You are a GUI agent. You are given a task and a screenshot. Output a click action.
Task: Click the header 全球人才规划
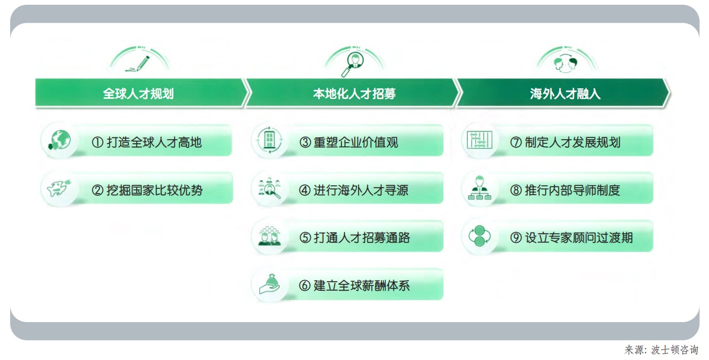tap(138, 94)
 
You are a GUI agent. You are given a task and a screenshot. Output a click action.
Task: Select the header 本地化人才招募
tap(354, 94)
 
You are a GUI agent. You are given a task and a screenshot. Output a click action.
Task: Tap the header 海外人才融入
tap(565, 94)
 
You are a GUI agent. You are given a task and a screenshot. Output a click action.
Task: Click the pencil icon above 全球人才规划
tap(138, 64)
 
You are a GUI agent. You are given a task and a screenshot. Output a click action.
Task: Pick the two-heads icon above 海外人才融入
tap(566, 63)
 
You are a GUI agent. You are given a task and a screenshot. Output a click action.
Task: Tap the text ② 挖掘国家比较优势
tap(147, 190)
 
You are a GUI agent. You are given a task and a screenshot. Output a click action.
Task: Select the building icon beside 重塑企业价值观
tap(269, 140)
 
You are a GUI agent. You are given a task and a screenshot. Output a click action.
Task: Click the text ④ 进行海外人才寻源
tap(353, 190)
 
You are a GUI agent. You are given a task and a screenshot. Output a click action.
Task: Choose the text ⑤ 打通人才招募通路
tap(354, 237)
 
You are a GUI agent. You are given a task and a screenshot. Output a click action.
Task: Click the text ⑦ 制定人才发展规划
tap(565, 142)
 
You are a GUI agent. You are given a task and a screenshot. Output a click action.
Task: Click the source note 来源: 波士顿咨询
tap(661, 349)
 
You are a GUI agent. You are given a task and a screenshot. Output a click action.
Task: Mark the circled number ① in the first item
tap(98, 143)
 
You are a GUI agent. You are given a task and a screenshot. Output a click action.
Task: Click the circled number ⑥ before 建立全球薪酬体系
tap(305, 285)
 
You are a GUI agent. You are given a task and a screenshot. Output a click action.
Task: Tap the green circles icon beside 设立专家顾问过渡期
tap(479, 236)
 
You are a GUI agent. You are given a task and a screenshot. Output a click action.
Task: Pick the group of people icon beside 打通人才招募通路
tap(269, 236)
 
